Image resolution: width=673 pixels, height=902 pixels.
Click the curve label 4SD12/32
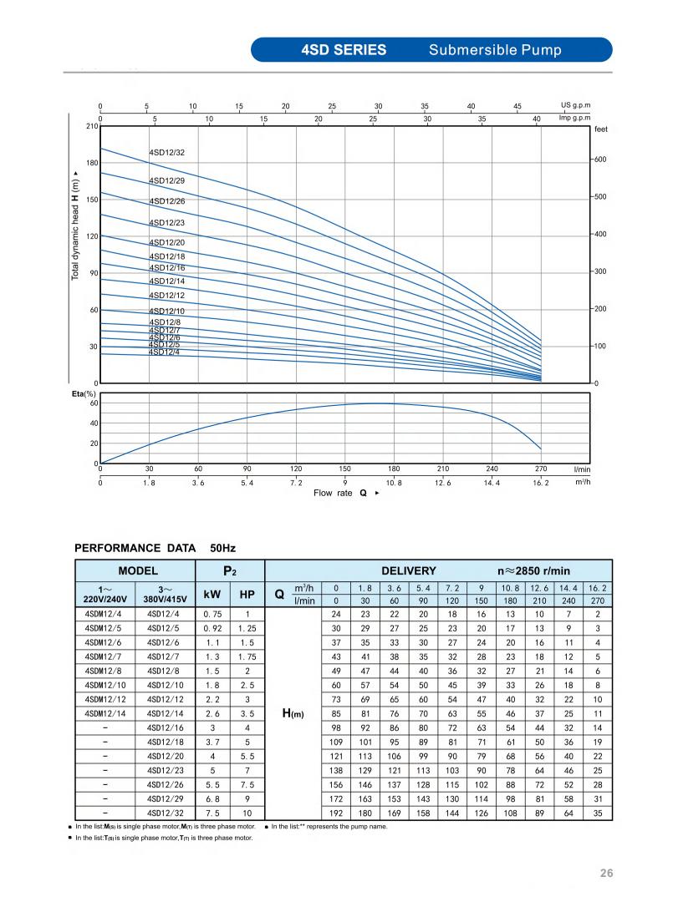pos(167,153)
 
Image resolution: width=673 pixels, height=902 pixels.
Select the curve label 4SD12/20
pos(167,243)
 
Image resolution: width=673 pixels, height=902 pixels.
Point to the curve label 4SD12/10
pos(167,312)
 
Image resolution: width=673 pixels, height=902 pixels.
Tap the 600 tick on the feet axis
pos(599,160)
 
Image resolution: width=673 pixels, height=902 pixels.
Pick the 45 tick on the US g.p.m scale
pos(517,106)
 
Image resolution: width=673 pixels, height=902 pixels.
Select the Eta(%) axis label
pos(84,393)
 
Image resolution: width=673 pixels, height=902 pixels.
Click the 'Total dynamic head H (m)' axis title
pos(75,225)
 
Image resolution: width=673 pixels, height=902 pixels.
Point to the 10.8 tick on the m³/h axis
pos(394,484)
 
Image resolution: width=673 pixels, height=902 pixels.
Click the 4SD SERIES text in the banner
pos(344,50)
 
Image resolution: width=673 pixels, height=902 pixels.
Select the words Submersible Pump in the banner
pos(495,50)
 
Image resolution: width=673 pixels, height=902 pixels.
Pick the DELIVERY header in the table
pos(409,571)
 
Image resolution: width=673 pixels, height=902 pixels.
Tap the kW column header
pos(212,595)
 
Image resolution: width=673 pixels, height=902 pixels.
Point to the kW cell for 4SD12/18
pos(212,742)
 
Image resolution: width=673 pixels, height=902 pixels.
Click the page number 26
pos(607,874)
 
